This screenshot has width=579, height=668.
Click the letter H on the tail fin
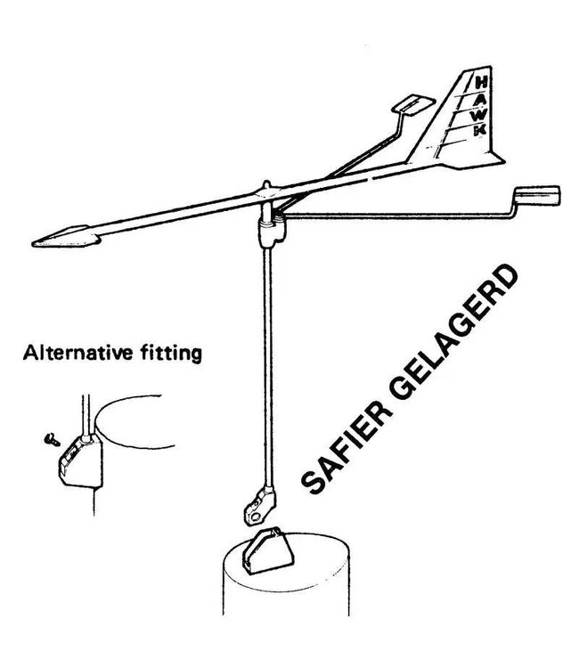pyautogui.click(x=481, y=83)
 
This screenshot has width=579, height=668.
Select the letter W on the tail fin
pyautogui.click(x=480, y=115)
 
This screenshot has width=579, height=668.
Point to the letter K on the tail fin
pyautogui.click(x=480, y=130)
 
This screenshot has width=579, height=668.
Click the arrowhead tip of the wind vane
pyautogui.click(x=32, y=244)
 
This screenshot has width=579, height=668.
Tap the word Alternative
pyautogui.click(x=78, y=353)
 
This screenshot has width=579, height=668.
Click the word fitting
pyautogui.click(x=171, y=354)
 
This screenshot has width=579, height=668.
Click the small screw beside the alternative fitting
pyautogui.click(x=52, y=440)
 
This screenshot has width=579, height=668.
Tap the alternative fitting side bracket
pyautogui.click(x=80, y=461)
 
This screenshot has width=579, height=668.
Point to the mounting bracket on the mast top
pyautogui.click(x=267, y=551)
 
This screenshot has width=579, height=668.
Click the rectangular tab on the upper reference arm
pyautogui.click(x=413, y=104)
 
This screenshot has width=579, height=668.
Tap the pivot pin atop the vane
pyautogui.click(x=266, y=185)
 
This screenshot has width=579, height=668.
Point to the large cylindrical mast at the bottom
pyautogui.click(x=286, y=580)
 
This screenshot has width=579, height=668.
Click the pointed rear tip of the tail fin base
pyautogui.click(x=504, y=162)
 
